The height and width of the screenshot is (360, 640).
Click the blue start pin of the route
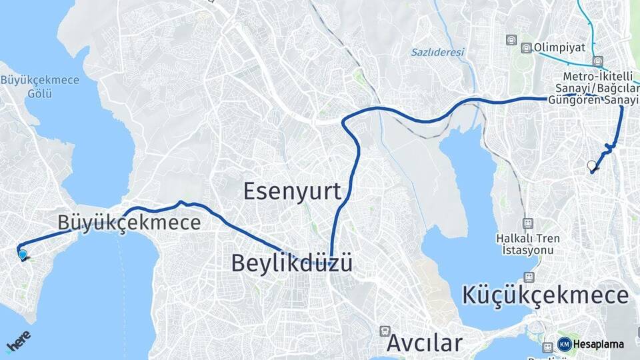click(23, 254)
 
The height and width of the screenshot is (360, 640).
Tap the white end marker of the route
click(591, 165)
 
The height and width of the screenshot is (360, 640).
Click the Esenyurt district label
click(292, 191)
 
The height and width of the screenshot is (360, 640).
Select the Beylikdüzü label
click(292, 263)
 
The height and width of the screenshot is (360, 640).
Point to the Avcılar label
click(424, 343)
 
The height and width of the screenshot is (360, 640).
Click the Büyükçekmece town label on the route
click(129, 222)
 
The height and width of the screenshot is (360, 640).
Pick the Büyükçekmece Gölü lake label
click(40, 87)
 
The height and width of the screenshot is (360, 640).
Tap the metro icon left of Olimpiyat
click(527, 47)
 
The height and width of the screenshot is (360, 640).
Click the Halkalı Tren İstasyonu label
click(527, 244)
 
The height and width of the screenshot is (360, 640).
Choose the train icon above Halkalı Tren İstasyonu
click(528, 223)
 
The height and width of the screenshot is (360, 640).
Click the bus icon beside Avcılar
click(385, 331)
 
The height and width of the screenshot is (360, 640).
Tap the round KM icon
click(564, 344)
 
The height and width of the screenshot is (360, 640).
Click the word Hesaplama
click(598, 345)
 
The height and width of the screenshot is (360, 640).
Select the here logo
click(17, 343)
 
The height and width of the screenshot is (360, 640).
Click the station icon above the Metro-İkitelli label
click(599, 62)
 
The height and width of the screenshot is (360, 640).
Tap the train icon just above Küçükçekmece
click(529, 277)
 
